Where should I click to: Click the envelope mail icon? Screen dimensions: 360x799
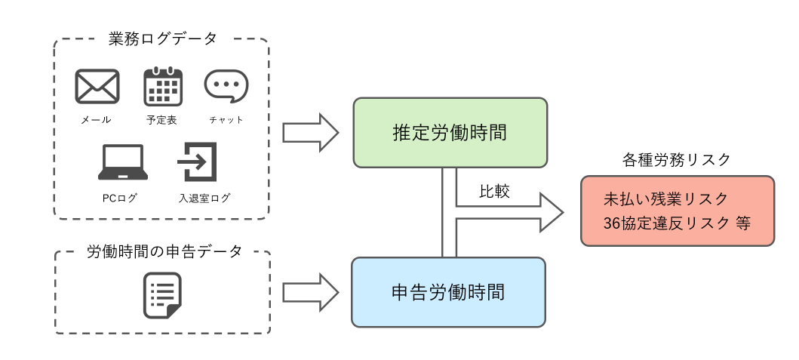click(x=97, y=86)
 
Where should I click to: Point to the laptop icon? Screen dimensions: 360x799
click(x=122, y=162)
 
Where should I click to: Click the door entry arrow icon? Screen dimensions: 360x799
click(x=197, y=162)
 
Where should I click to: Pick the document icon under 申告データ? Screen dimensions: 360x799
click(x=162, y=294)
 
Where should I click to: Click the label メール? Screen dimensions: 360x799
click(x=97, y=120)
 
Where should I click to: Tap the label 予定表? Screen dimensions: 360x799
click(x=161, y=120)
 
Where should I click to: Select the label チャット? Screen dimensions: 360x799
click(x=226, y=120)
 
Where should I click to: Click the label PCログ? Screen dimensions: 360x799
click(x=120, y=198)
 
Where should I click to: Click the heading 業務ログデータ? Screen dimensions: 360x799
click(x=162, y=38)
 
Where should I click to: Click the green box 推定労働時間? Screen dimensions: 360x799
click(x=450, y=132)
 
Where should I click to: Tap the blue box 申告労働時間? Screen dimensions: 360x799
click(x=449, y=292)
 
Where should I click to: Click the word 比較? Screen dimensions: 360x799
click(x=495, y=192)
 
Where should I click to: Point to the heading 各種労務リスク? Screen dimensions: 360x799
click(x=677, y=160)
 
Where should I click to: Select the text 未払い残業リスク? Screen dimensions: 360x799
click(x=666, y=199)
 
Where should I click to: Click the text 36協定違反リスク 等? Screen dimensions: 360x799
click(x=677, y=223)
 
